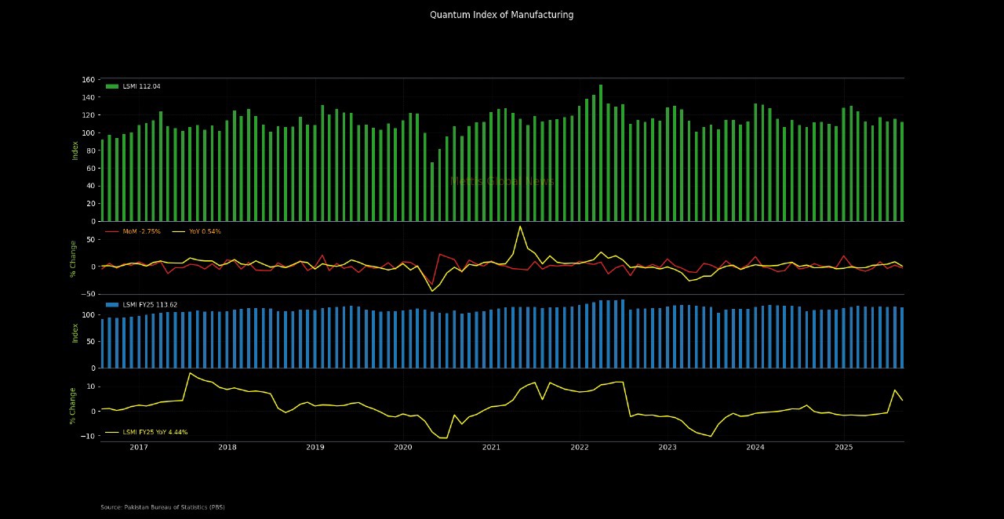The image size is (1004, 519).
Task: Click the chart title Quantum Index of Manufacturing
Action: tap(501, 15)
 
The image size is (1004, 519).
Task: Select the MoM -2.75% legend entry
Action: tap(141, 231)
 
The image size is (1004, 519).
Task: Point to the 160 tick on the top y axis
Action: tap(87, 80)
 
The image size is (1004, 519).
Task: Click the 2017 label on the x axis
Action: tap(139, 448)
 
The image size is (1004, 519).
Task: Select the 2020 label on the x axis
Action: tap(403, 448)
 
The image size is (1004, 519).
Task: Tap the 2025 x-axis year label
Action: tap(843, 448)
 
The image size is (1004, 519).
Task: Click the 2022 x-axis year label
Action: tap(580, 448)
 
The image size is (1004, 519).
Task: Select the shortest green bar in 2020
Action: tap(432, 191)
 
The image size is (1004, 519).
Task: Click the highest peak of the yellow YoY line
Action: tap(520, 227)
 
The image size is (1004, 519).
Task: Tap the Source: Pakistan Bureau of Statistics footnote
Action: tap(162, 507)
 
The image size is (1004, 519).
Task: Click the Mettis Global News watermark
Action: tap(502, 181)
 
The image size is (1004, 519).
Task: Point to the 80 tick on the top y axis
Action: tap(89, 151)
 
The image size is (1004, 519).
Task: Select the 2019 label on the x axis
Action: tap(315, 448)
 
